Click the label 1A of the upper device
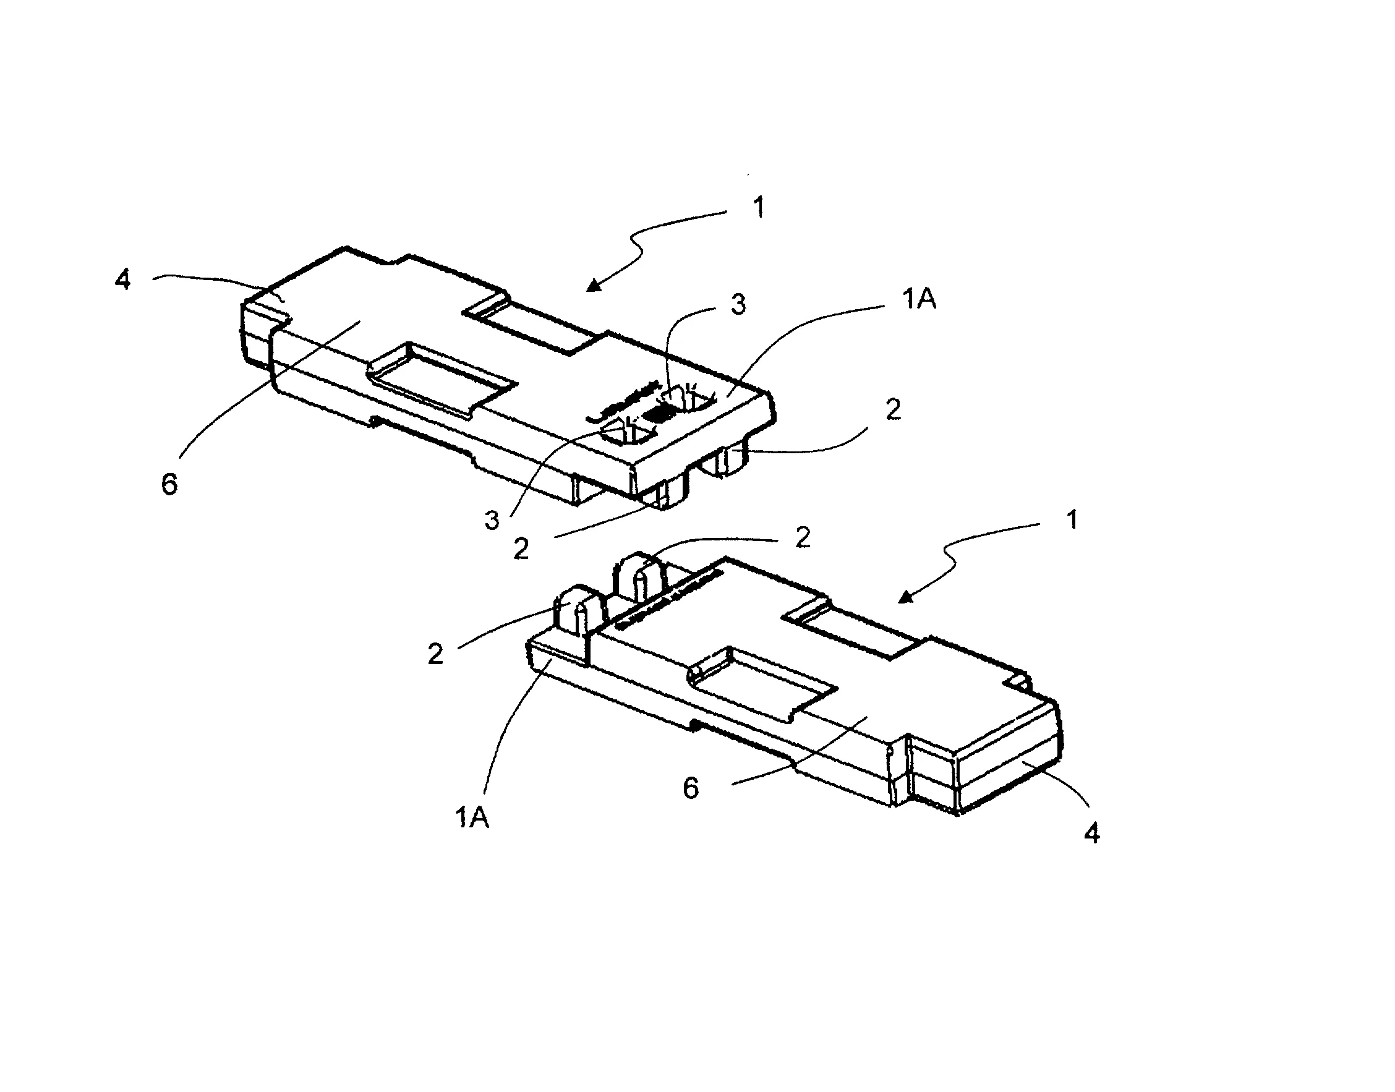coord(919,299)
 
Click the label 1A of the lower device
coord(472,817)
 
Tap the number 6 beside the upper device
coord(169,484)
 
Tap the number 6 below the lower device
coord(691,788)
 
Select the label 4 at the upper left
coord(123,279)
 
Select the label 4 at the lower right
coord(1092,833)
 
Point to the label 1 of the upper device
coord(759,208)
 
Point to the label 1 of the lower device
coord(1073,519)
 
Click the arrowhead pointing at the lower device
coord(906,597)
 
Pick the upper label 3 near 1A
coord(738,305)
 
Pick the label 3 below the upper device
coord(492,521)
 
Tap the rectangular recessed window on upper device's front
coord(441,380)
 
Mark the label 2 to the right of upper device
coord(893,410)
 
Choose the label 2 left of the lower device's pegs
coord(435,654)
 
